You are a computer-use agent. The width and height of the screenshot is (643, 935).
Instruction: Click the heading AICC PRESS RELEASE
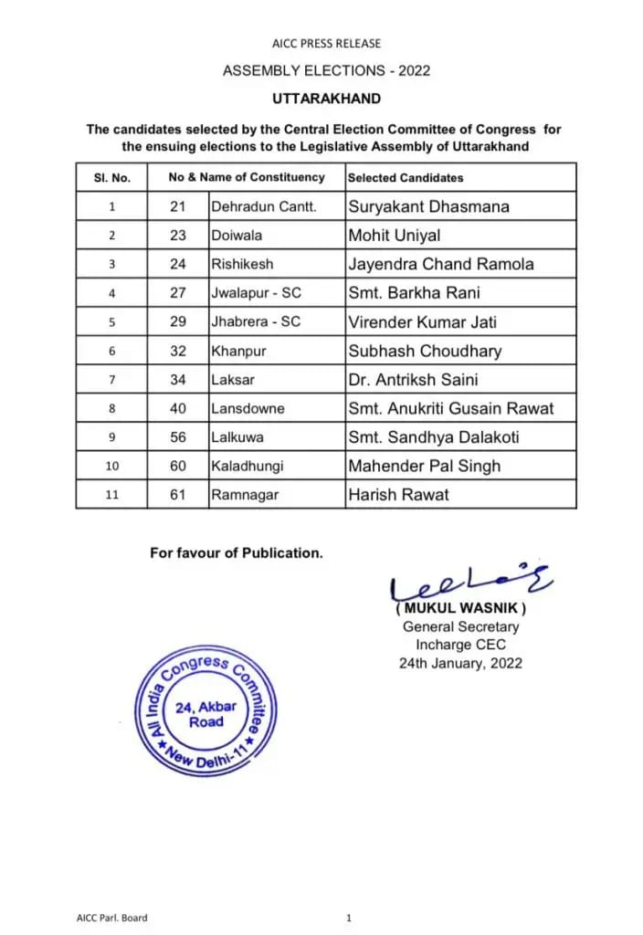coord(326,43)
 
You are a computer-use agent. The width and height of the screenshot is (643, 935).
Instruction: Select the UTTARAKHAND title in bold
coord(326,99)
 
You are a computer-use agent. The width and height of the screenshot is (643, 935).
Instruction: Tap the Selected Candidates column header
coord(406,178)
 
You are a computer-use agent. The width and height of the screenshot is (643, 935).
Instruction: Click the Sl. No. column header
coord(111,178)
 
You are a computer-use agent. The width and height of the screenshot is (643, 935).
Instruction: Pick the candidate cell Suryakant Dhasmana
coord(428,206)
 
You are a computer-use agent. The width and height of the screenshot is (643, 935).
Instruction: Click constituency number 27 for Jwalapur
coord(177,293)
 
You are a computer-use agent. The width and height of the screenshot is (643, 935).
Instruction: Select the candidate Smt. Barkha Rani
coord(414,293)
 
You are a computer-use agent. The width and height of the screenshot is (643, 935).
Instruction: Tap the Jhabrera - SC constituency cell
coord(256,321)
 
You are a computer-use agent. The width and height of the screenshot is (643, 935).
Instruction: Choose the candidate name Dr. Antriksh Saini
coord(413,379)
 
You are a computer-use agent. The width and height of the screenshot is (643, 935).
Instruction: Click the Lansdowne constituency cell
coord(248,408)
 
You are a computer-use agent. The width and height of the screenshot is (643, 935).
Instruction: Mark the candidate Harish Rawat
coord(399,495)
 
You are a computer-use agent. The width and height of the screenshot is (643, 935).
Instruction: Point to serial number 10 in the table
coord(111,467)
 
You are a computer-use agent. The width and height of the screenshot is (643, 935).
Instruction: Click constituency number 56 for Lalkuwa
coord(177,437)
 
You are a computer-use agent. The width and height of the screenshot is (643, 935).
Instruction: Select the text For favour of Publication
coord(236,552)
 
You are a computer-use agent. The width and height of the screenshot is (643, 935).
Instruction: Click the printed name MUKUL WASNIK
coord(460,609)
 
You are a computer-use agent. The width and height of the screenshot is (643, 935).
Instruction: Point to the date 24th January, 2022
coord(460,663)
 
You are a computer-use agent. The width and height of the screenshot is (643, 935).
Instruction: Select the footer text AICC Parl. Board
coord(111,918)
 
